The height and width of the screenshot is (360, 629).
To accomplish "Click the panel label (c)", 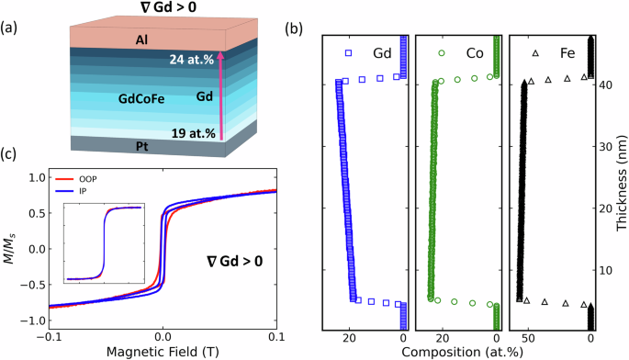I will [x=11, y=153].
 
